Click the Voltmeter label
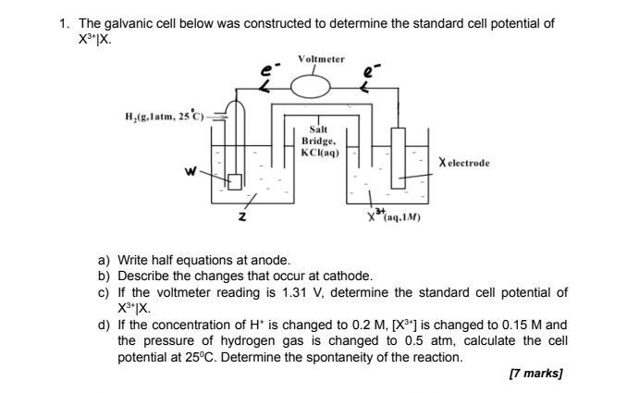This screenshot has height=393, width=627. point(320,59)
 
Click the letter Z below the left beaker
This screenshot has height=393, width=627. point(242,217)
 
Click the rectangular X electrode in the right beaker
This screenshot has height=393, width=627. point(399,154)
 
